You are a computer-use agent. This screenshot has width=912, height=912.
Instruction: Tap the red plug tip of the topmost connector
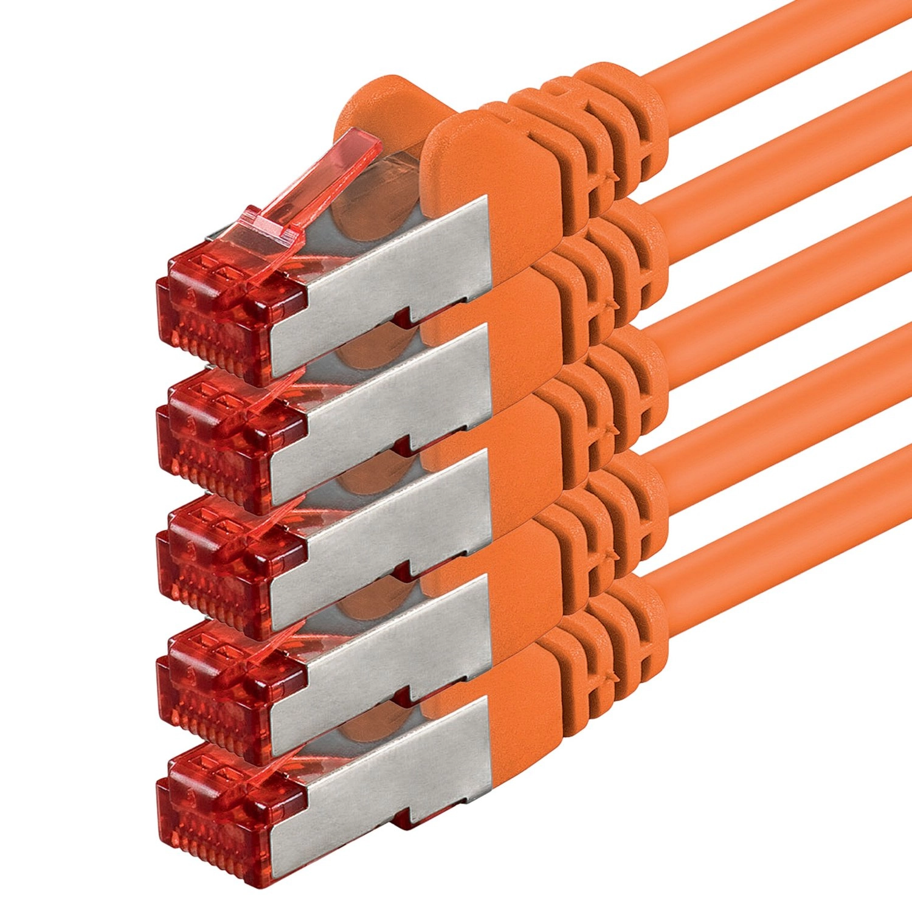click(x=225, y=316)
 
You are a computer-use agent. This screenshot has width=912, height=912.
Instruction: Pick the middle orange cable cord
click(x=790, y=292)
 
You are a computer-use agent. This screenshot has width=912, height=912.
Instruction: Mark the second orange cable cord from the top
click(x=790, y=170)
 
